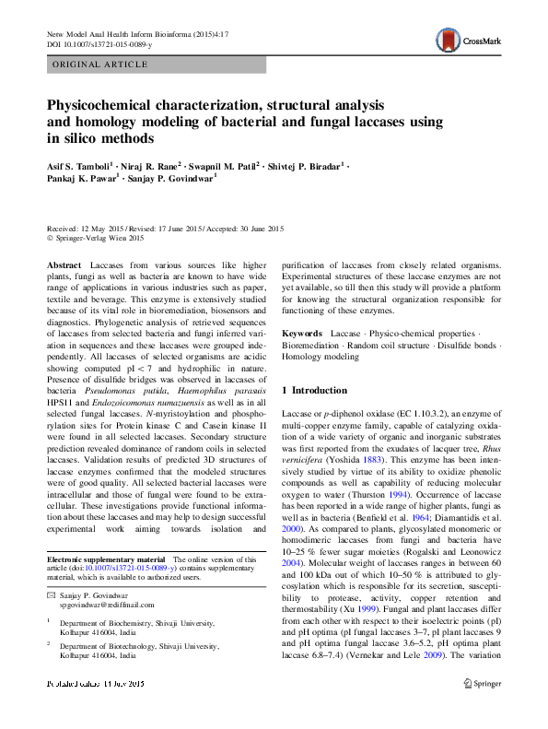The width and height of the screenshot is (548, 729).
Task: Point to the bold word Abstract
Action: coord(63,265)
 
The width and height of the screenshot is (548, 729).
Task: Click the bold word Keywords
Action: coord(301,332)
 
